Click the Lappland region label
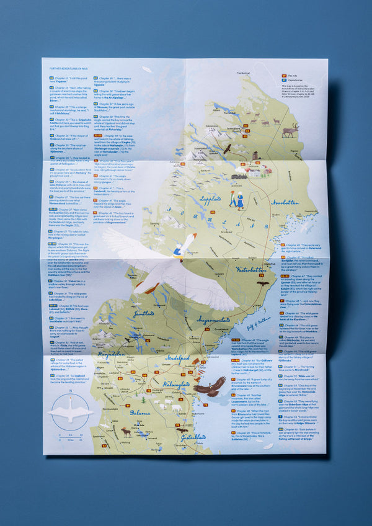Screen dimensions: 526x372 pyautogui.click(x=210, y=200)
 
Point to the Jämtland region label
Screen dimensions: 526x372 pyautogui.click(x=143, y=314)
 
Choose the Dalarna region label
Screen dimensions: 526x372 pyautogui.click(x=140, y=412)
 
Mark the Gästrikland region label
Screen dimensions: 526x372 pyautogui.click(x=193, y=437)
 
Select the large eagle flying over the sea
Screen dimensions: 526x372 pyautogui.click(x=210, y=388)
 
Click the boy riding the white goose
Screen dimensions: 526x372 pyautogui.click(x=179, y=250)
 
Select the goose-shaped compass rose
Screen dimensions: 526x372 pyautogui.click(x=70, y=412)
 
